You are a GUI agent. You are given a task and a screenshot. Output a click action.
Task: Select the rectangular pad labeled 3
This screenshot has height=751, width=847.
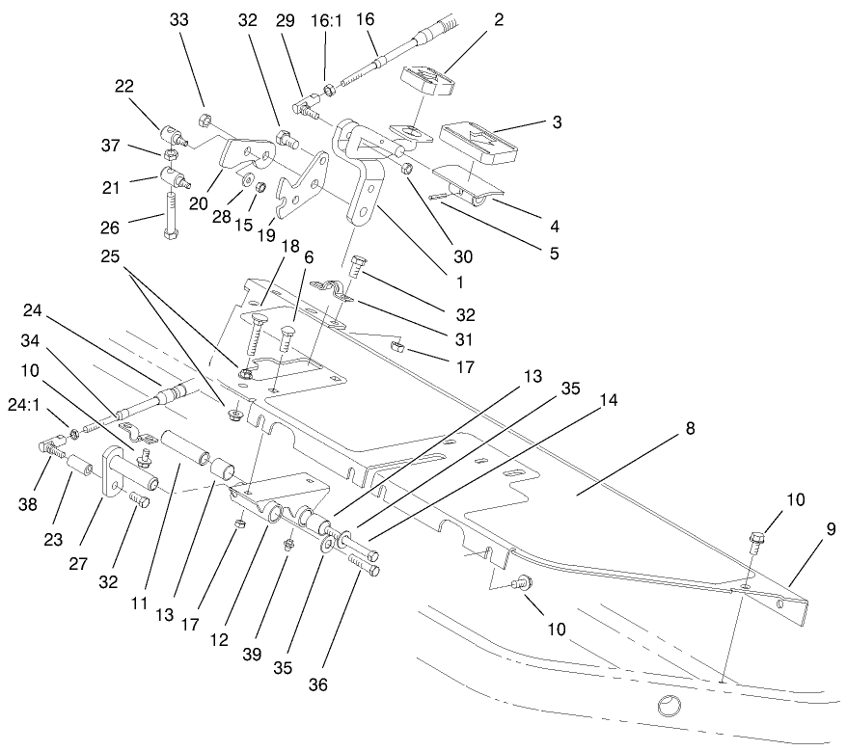(478, 141)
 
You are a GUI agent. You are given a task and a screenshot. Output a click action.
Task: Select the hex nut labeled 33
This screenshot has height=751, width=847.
(205, 121)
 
